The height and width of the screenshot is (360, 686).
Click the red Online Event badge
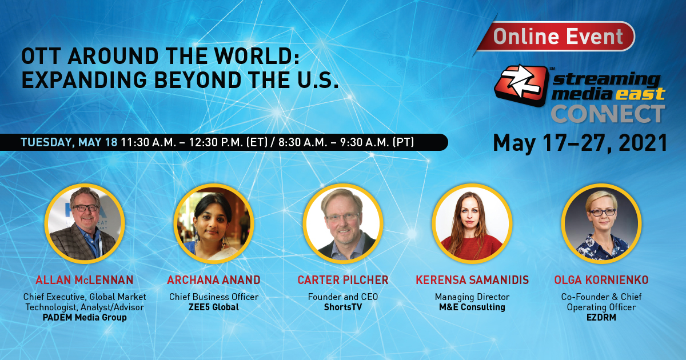556,37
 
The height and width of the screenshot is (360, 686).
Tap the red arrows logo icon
521,85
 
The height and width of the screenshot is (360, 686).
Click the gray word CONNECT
608,114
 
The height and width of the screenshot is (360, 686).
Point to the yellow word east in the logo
640,93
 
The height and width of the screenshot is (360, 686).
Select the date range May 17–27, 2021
580,143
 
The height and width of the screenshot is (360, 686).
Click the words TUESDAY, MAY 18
69,142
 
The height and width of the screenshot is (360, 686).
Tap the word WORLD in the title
257,56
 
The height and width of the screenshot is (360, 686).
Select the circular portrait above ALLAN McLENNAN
85,223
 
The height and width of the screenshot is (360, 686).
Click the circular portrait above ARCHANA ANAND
214,223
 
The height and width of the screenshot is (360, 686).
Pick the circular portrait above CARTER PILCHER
343,223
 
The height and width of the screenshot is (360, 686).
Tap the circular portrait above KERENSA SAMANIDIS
472,223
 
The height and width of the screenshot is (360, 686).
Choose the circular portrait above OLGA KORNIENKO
601,223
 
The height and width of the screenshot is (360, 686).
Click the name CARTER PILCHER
343,280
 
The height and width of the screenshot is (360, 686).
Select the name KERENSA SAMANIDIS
472,280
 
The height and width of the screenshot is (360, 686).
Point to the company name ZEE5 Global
214,307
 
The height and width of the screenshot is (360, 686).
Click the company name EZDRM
601,318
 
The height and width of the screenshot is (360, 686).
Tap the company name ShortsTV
343,307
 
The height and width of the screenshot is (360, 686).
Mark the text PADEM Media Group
85,318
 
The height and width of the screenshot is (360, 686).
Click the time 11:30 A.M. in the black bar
148,142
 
